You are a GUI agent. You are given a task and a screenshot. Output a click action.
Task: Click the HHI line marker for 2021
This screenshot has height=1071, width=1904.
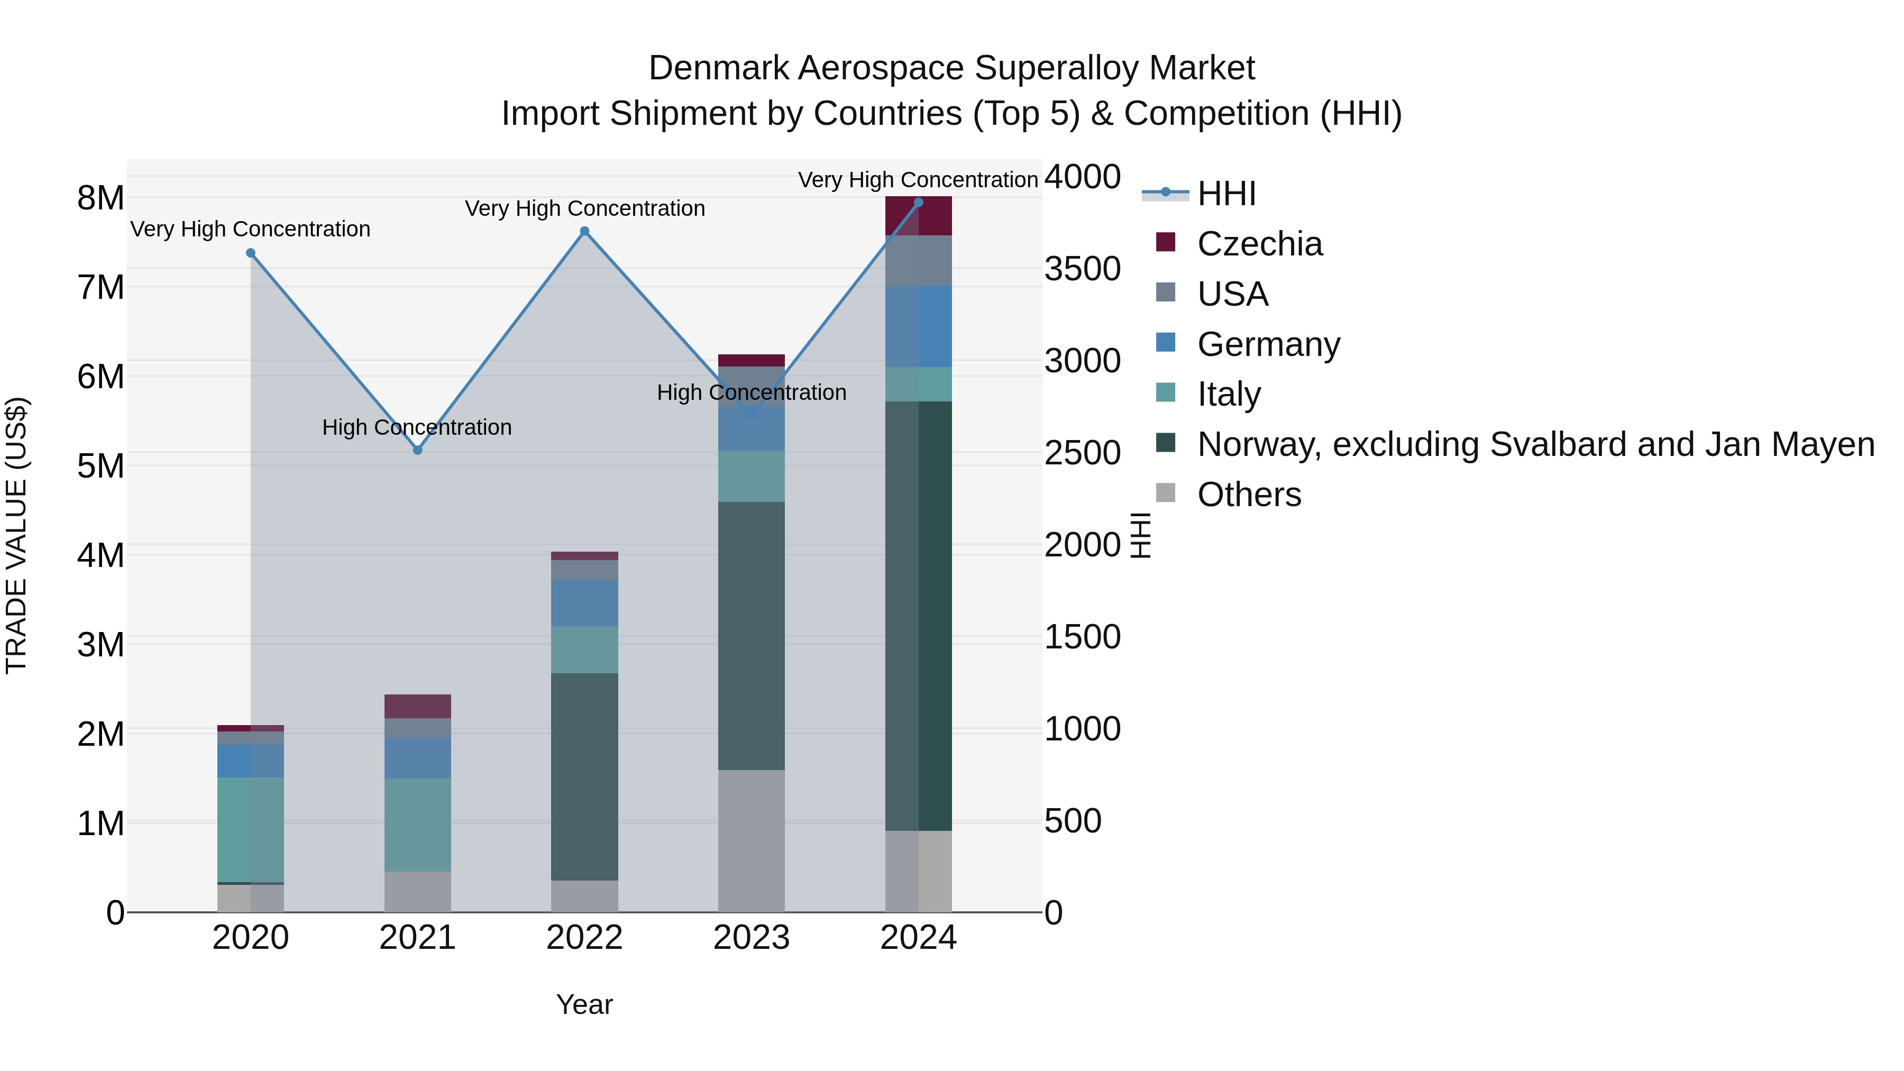click(x=418, y=450)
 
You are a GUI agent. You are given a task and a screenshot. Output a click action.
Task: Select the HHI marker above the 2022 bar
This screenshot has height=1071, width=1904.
click(x=584, y=231)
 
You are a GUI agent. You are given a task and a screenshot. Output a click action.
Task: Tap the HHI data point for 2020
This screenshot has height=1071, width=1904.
click(x=251, y=253)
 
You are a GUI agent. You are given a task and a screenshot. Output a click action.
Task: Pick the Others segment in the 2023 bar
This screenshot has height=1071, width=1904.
click(x=752, y=840)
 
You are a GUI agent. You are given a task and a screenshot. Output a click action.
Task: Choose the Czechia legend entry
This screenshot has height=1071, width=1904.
click(x=1259, y=244)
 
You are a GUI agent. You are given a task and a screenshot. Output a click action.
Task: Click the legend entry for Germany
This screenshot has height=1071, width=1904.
click(x=1268, y=344)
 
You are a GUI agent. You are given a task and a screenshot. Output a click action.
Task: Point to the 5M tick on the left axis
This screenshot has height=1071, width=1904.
click(x=101, y=466)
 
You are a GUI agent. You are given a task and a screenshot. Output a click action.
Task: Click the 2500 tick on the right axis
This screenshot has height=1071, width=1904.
click(x=1082, y=453)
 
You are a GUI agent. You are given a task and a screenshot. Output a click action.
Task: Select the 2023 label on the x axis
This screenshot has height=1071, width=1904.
click(x=752, y=938)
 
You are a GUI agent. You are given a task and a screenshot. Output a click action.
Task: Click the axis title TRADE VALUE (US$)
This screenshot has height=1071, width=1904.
click(x=16, y=535)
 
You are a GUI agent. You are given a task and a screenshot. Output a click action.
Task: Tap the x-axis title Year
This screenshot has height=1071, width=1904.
click(x=584, y=1004)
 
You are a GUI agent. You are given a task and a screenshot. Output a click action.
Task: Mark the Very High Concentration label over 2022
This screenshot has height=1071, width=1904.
click(x=584, y=208)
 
